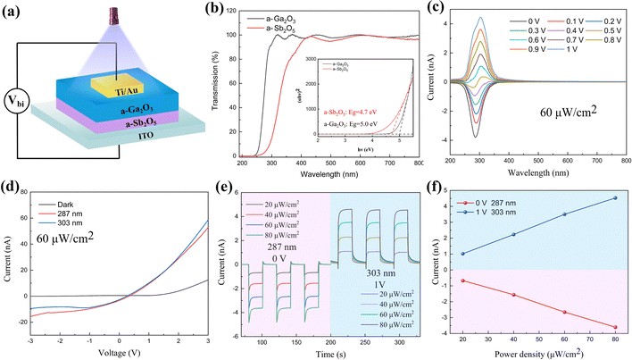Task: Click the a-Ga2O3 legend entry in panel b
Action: coord(284,18)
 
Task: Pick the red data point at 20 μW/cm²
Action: coord(462,280)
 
